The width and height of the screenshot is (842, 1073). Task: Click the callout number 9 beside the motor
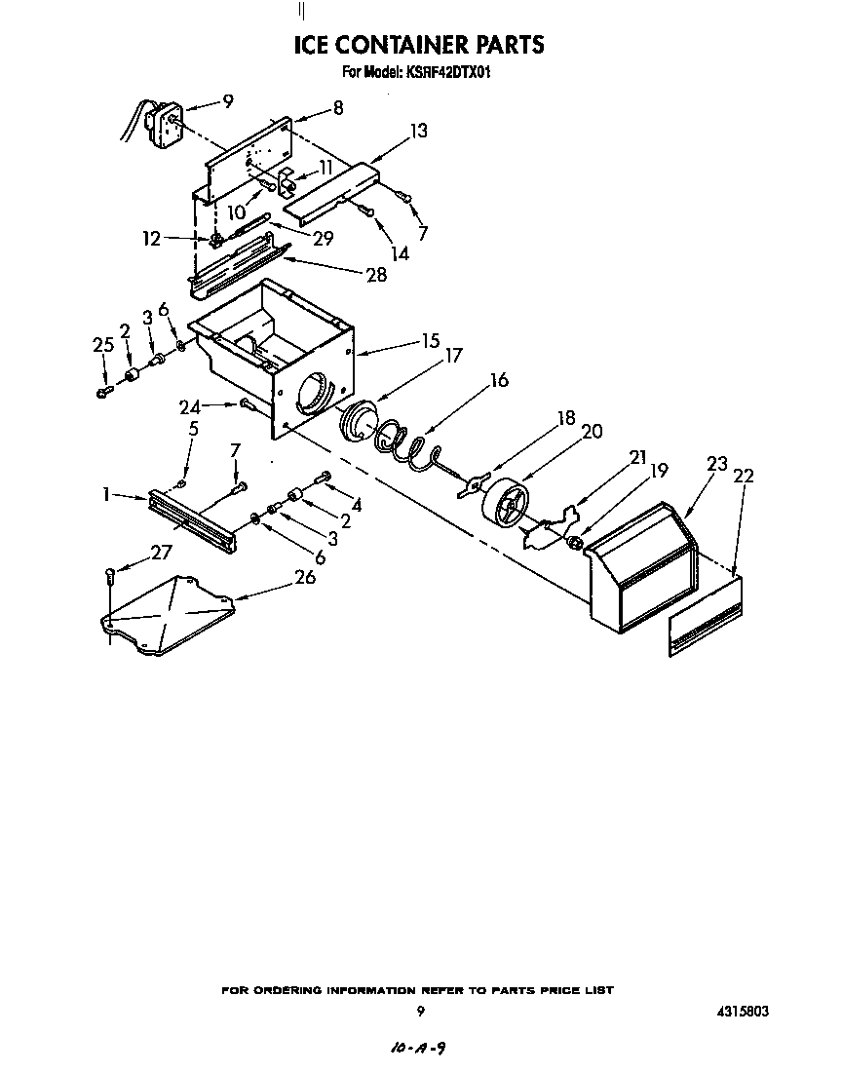click(228, 99)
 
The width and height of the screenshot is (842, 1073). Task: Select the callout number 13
click(418, 131)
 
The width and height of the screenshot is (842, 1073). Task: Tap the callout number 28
click(375, 275)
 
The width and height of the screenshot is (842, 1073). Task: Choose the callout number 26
click(305, 577)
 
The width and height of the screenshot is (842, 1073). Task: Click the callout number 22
click(744, 476)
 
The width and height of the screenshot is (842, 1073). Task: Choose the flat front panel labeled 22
click(704, 618)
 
